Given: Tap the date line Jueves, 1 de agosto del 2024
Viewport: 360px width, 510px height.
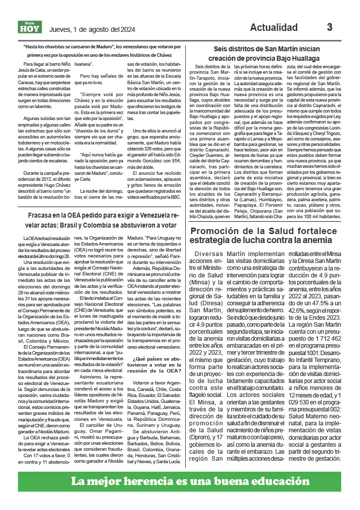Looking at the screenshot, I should pos(92,29).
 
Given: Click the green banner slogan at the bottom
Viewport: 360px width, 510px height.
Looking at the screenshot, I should pos(180,482).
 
